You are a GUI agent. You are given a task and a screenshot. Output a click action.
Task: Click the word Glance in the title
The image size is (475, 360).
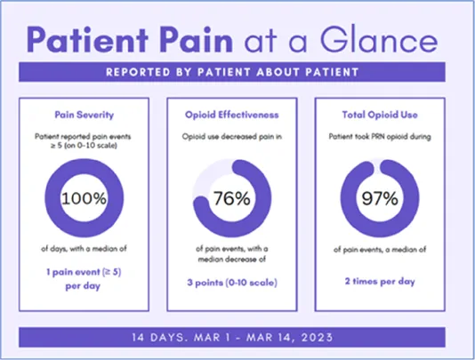pyautogui.click(x=379, y=40)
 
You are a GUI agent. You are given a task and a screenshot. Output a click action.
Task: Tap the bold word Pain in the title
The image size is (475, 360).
pyautogui.click(x=197, y=40)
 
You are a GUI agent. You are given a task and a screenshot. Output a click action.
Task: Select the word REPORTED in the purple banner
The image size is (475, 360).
pyautogui.click(x=138, y=72)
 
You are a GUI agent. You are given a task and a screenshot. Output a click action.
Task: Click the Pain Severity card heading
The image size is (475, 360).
pyautogui.click(x=85, y=115)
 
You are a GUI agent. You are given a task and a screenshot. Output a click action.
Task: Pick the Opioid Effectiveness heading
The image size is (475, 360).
pyautogui.click(x=232, y=115)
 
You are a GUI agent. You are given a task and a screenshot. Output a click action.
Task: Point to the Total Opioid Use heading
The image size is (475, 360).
pyautogui.click(x=380, y=115)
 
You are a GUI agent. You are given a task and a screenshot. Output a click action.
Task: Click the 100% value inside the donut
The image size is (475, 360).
pyautogui.click(x=85, y=198)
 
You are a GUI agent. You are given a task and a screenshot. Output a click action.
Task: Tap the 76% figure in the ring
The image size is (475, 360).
pyautogui.click(x=232, y=198)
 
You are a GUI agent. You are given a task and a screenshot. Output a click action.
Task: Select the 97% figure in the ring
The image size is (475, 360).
pyautogui.click(x=380, y=198)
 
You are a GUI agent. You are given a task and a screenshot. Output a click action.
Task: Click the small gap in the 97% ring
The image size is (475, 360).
pyautogui.click(x=377, y=167)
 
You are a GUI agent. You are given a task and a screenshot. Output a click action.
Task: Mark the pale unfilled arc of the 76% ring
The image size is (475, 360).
pyautogui.click(x=208, y=175)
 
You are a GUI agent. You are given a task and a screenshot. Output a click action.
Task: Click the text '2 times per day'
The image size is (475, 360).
pyautogui.click(x=380, y=281)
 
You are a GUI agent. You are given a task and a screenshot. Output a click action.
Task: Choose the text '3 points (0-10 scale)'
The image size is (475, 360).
pyautogui.click(x=232, y=283)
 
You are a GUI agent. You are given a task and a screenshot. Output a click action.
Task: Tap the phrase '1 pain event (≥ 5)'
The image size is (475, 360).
pyautogui.click(x=84, y=272)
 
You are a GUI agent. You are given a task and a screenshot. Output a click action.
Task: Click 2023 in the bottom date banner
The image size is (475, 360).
pyautogui.click(x=318, y=337)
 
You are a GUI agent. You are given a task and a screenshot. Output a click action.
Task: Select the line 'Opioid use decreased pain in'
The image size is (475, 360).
pyautogui.click(x=232, y=137)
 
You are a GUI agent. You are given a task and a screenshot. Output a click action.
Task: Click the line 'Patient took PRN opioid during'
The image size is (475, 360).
pyautogui.click(x=380, y=137)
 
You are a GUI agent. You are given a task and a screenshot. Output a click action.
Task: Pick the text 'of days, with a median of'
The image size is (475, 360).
pyautogui.click(x=84, y=249)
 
